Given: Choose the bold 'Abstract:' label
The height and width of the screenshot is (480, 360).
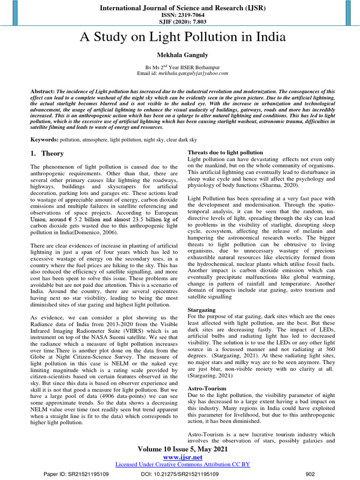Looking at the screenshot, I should (x=43, y=91).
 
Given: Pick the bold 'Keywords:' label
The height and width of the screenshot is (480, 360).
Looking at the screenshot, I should (x=44, y=140).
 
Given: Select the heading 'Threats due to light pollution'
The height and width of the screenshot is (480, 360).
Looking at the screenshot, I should (x=225, y=152).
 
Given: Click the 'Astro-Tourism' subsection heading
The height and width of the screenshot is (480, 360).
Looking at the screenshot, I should (x=206, y=389).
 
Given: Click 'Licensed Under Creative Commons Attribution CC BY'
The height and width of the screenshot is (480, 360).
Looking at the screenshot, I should (x=182, y=464).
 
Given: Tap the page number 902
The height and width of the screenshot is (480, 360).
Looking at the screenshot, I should (x=310, y=474).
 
